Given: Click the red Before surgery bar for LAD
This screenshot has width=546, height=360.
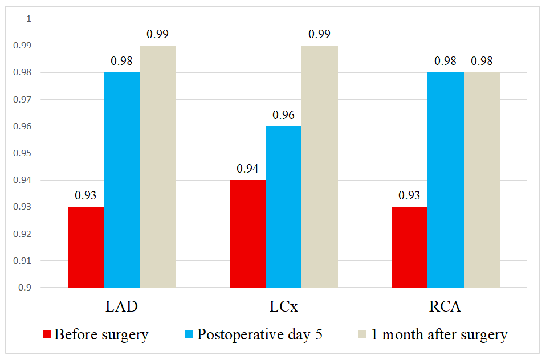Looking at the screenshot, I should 85,247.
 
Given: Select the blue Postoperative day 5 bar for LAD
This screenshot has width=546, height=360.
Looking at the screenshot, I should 121,180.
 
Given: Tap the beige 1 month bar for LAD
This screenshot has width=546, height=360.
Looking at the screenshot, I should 157,166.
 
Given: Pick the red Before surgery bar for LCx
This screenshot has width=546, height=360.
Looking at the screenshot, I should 247,234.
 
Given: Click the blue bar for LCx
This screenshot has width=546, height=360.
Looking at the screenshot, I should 283,207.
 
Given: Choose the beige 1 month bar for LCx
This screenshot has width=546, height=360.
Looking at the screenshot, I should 319,166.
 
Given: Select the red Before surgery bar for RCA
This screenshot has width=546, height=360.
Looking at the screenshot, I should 409,247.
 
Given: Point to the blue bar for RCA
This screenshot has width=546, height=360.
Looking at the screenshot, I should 445,180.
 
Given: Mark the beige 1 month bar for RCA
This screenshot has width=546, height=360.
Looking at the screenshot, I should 481,180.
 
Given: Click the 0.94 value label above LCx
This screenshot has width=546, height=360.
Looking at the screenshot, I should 247,169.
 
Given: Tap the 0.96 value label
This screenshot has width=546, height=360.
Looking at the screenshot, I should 283,115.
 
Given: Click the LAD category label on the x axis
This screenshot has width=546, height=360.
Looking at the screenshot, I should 121,307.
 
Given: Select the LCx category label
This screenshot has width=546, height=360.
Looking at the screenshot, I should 283,307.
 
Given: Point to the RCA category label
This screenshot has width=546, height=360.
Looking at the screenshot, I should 445,307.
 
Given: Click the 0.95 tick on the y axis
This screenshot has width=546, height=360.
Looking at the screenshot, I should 25,153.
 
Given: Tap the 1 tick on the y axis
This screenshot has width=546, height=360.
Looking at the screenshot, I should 28,19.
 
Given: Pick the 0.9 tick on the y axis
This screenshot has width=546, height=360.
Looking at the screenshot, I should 26,288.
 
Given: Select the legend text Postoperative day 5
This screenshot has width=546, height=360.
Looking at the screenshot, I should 260,334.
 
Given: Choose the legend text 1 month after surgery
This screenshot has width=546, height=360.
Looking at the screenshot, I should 439,334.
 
